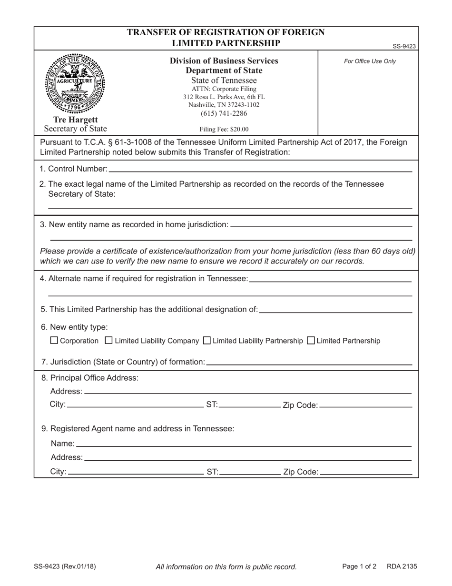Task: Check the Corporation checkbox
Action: pyautogui.click(x=54, y=340)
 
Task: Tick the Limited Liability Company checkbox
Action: pyautogui.click(x=108, y=340)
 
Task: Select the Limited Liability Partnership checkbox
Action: pyautogui.click(x=207, y=340)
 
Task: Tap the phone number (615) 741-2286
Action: pyautogui.click(x=224, y=113)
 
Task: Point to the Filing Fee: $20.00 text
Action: pyautogui.click(x=224, y=129)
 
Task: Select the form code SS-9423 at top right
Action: pyautogui.click(x=404, y=46)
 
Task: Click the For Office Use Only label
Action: pyautogui.click(x=370, y=61)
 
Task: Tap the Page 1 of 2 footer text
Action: pyautogui.click(x=359, y=566)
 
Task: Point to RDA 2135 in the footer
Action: pyautogui.click(x=402, y=566)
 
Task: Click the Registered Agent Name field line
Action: pyautogui.click(x=243, y=444)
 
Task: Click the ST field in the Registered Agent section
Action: pyautogui.click(x=250, y=472)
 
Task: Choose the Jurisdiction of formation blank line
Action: pyautogui.click(x=309, y=362)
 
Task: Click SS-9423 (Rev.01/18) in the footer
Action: pyautogui.click(x=65, y=566)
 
